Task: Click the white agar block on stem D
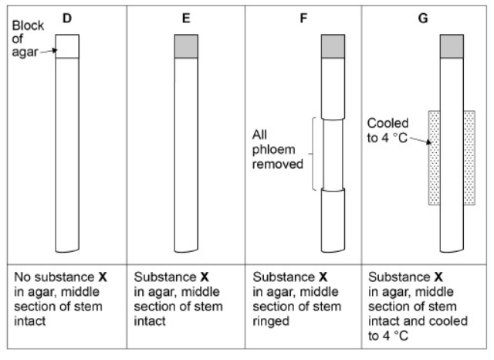coord(67,46)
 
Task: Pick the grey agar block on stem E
coord(186,46)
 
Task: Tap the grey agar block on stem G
coord(451,46)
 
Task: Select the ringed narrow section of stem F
coord(332,155)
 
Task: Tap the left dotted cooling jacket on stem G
coord(434,158)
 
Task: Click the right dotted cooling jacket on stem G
coord(469,158)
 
